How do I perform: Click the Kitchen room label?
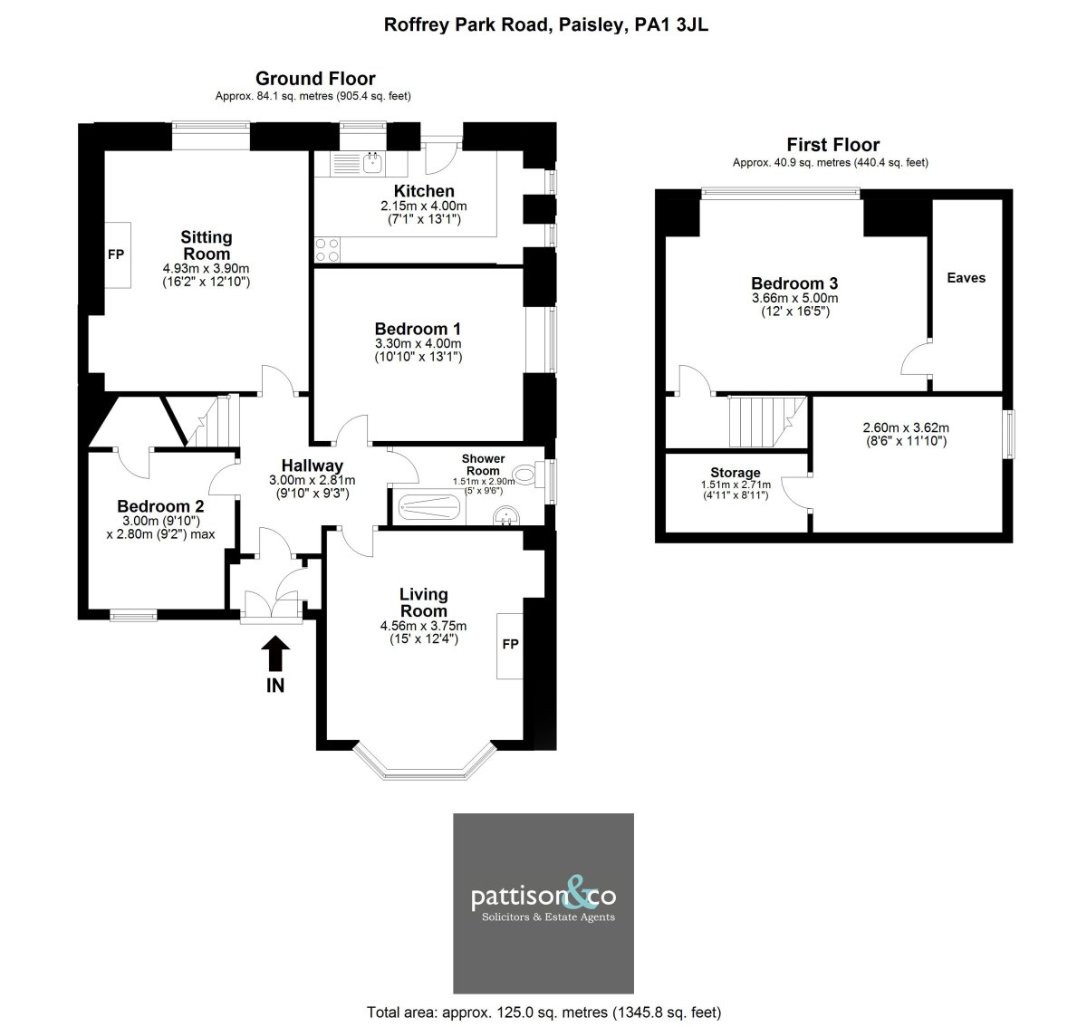(424, 191)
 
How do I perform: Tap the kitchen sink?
(372, 163)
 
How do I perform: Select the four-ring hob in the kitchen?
(327, 250)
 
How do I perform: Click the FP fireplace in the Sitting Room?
(118, 254)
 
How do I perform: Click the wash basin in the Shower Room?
(506, 516)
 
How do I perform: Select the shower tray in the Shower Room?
(429, 507)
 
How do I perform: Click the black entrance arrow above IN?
(275, 653)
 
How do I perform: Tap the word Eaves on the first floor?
(966, 278)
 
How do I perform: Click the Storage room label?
(735, 473)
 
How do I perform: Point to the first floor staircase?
(767, 421)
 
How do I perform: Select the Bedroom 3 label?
(794, 283)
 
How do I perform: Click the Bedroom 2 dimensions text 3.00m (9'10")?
(160, 521)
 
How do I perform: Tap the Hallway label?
(312, 466)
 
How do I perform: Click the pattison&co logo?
(543, 903)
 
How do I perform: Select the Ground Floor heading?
(315, 79)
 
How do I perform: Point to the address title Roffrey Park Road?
(467, 25)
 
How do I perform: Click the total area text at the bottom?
(543, 1013)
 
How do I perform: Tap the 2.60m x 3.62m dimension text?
(906, 427)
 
